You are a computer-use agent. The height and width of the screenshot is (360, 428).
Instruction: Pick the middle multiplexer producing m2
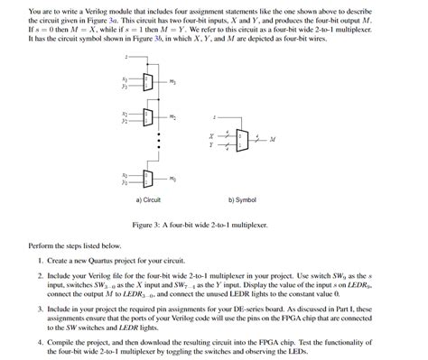(146, 117)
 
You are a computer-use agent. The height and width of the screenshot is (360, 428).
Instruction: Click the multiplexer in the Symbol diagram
(241, 139)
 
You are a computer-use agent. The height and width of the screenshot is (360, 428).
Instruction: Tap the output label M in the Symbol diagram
(272, 140)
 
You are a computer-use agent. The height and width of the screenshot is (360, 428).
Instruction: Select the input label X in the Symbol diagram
(212, 134)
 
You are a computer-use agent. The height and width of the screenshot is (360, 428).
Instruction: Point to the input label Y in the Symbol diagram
(212, 144)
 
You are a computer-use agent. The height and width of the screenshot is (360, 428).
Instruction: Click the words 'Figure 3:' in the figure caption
(148, 225)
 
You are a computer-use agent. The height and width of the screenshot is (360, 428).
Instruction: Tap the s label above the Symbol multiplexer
(214, 116)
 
